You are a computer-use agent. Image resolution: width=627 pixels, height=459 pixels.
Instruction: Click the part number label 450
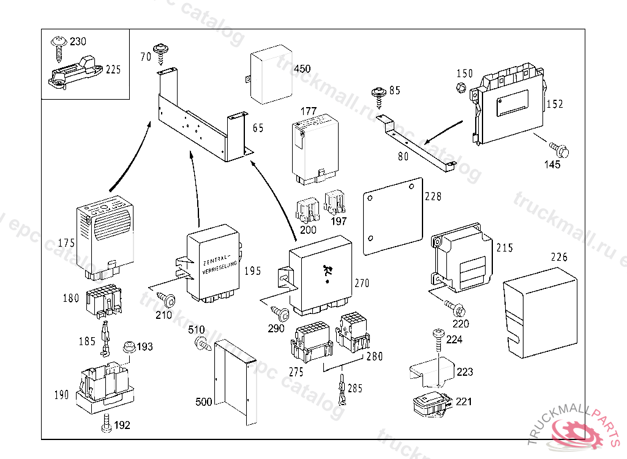click(x=302, y=69)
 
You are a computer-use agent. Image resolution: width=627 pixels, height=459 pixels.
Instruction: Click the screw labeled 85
click(x=378, y=97)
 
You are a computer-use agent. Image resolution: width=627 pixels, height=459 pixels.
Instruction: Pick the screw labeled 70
click(x=162, y=53)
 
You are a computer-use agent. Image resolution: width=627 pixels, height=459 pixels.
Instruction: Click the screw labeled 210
click(x=166, y=299)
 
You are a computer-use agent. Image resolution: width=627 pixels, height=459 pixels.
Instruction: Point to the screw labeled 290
click(x=282, y=315)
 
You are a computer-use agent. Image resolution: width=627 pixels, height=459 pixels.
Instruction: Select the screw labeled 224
click(x=439, y=335)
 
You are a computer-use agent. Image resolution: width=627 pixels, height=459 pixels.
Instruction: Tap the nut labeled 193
click(x=129, y=348)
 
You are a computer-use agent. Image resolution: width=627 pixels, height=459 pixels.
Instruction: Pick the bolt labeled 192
click(x=105, y=424)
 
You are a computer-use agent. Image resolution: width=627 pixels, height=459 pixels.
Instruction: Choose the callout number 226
click(x=559, y=257)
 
